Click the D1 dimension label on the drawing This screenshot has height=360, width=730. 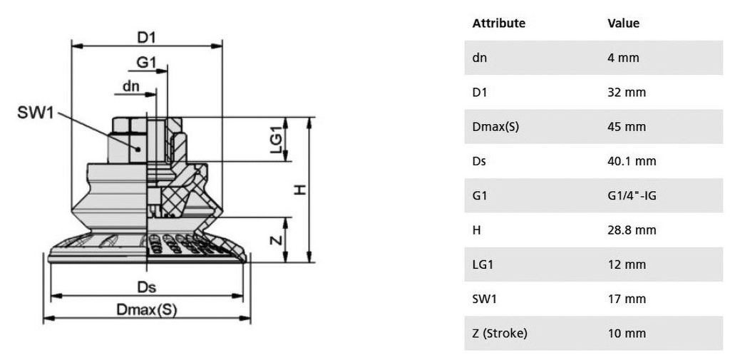pos(145,38)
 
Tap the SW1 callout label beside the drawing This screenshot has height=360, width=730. pos(36,112)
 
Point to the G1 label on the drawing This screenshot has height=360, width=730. pos(146,63)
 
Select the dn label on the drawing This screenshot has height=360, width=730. pos(131,86)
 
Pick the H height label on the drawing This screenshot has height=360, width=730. pos(300,190)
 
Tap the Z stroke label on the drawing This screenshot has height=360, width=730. pos(277,240)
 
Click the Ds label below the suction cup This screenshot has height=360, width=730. pos(147,287)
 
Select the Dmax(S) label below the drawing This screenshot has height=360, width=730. pos(147,309)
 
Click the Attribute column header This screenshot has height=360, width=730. pos(498,24)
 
